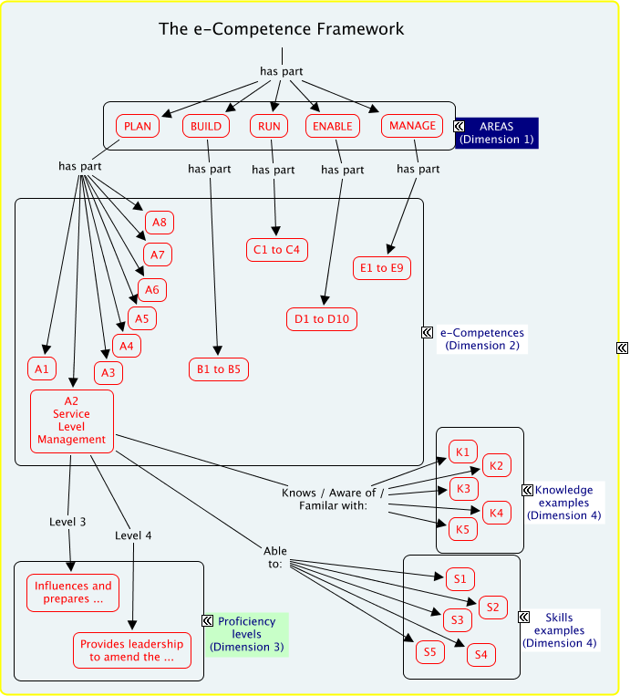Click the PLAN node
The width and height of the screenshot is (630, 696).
pos(138,126)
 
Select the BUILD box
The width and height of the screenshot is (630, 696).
pos(206,126)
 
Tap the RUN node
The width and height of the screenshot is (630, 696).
pos(270,126)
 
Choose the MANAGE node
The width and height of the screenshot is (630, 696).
pos(413,125)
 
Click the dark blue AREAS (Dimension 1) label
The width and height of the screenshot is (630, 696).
pos(497,132)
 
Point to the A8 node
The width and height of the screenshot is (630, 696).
pos(159,222)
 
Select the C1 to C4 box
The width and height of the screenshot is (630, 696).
pos(277,249)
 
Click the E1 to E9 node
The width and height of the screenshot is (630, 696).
pos(383,268)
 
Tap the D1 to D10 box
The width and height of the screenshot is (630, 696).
pos(321,318)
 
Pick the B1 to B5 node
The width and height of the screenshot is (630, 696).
pos(219,369)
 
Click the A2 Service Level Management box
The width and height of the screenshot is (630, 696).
pos(72,421)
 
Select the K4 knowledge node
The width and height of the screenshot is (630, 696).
pos(496,514)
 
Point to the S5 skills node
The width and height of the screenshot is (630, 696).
pos(429,651)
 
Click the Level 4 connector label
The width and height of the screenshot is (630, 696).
pos(133,535)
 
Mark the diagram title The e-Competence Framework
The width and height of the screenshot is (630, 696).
pos(282,29)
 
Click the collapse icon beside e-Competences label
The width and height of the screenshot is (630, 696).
pos(427,333)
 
